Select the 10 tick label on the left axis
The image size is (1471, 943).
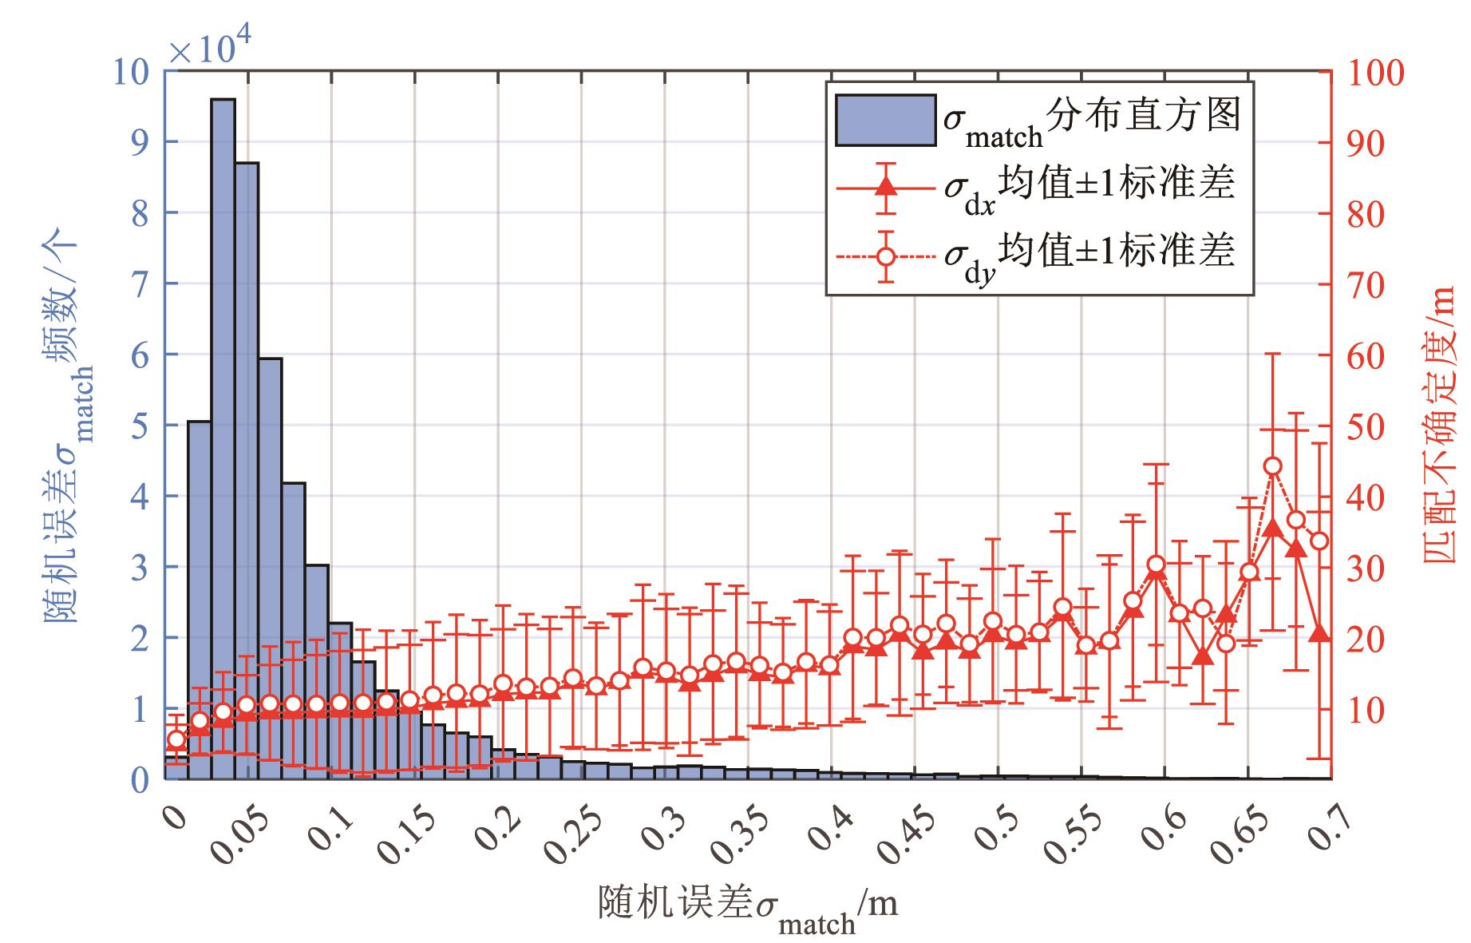point(131,73)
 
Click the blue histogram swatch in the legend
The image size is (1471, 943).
point(885,120)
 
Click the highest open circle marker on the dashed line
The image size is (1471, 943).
point(1273,466)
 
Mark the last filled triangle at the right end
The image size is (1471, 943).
point(1319,633)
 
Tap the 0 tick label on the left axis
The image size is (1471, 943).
point(140,779)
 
